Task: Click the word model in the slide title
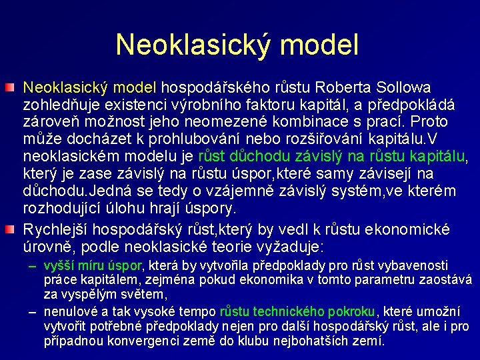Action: click(323, 44)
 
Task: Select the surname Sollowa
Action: click(403, 87)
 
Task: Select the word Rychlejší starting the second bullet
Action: click(57, 229)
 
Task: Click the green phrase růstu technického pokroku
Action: click(298, 311)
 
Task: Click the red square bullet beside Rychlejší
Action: click(14, 229)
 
